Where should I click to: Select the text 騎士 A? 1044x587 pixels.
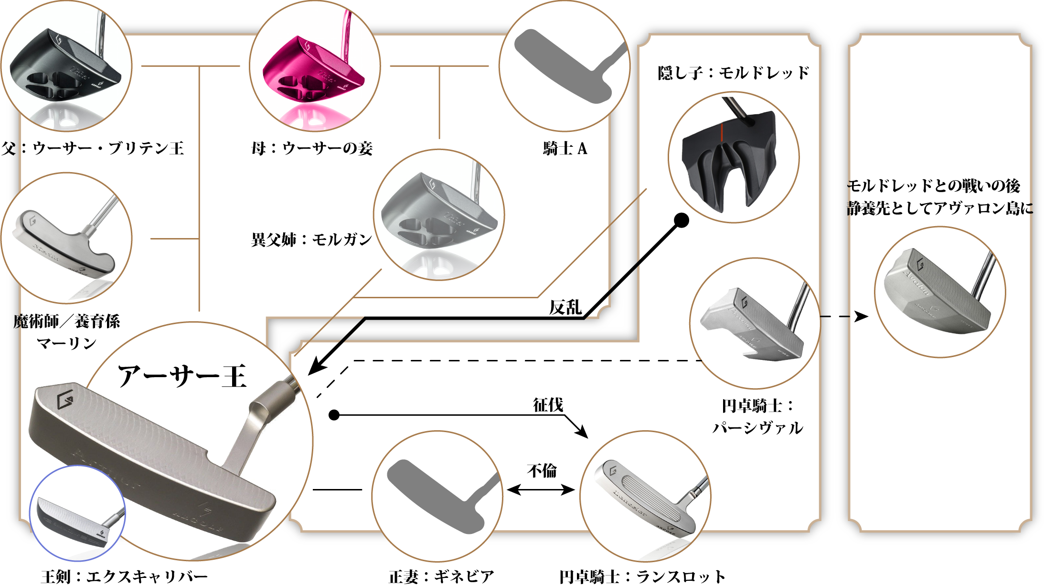pyautogui.click(x=565, y=149)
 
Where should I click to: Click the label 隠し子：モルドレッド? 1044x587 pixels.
pyautogui.click(x=733, y=73)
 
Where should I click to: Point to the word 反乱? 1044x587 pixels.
pyautogui.click(x=565, y=307)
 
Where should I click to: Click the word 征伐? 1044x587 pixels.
pyautogui.click(x=548, y=405)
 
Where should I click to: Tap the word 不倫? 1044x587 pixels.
pyautogui.click(x=542, y=471)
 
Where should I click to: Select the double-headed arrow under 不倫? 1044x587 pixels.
pyautogui.click(x=541, y=490)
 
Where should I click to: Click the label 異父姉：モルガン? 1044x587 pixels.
pyautogui.click(x=311, y=239)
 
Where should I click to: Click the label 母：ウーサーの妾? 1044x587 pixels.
pyautogui.click(x=312, y=149)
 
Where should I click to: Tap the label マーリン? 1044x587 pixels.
pyautogui.click(x=66, y=343)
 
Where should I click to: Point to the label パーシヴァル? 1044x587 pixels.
pyautogui.click(x=757, y=428)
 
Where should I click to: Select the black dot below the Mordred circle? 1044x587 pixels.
pyautogui.click(x=682, y=220)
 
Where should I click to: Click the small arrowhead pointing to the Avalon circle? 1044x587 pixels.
pyautogui.click(x=861, y=316)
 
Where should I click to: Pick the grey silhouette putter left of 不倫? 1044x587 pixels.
pyautogui.click(x=437, y=495)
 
